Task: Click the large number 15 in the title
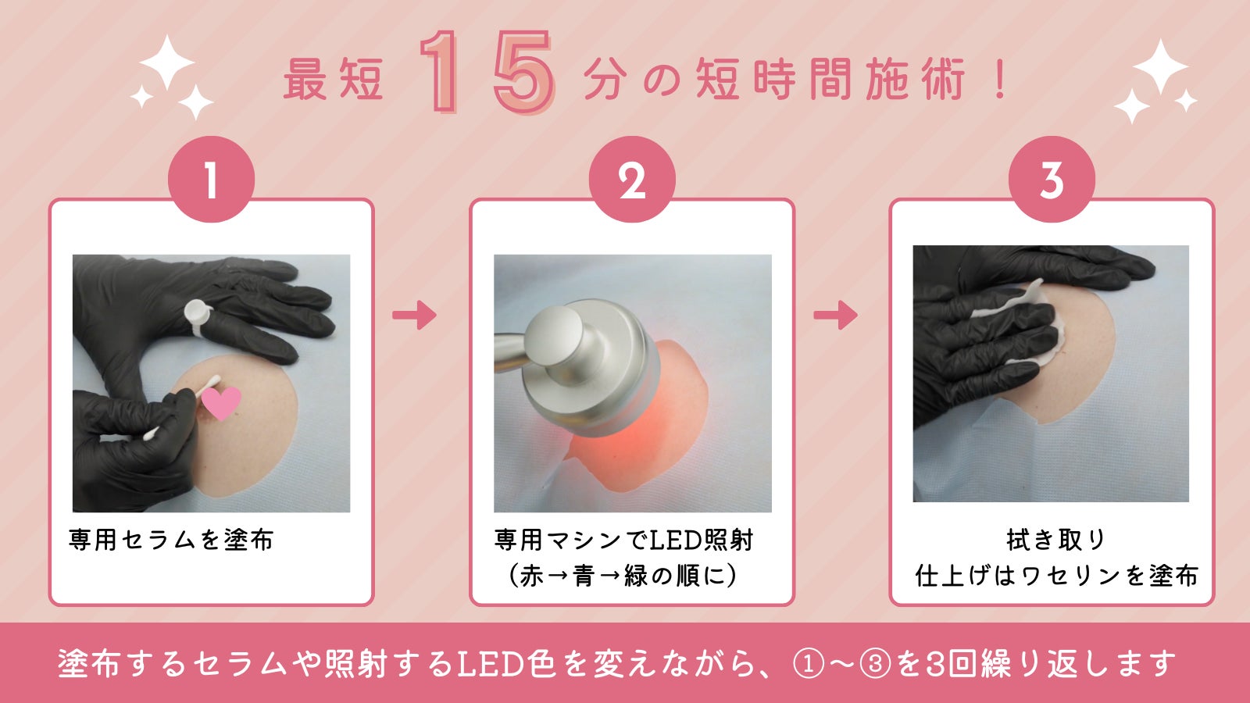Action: coord(487,73)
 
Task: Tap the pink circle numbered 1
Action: coord(212,179)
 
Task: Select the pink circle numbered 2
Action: coord(632,179)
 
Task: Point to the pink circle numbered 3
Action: coord(1052,179)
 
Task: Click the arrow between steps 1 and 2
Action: coord(414,316)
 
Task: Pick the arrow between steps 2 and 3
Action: coord(835,316)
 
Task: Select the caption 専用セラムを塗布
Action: coord(171,540)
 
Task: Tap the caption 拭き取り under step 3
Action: coord(1055,540)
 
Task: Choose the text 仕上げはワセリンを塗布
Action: coord(1056,576)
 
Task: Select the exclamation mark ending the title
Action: coord(1001,79)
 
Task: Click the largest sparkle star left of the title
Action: coord(167,62)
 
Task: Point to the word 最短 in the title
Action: coord(333,80)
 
